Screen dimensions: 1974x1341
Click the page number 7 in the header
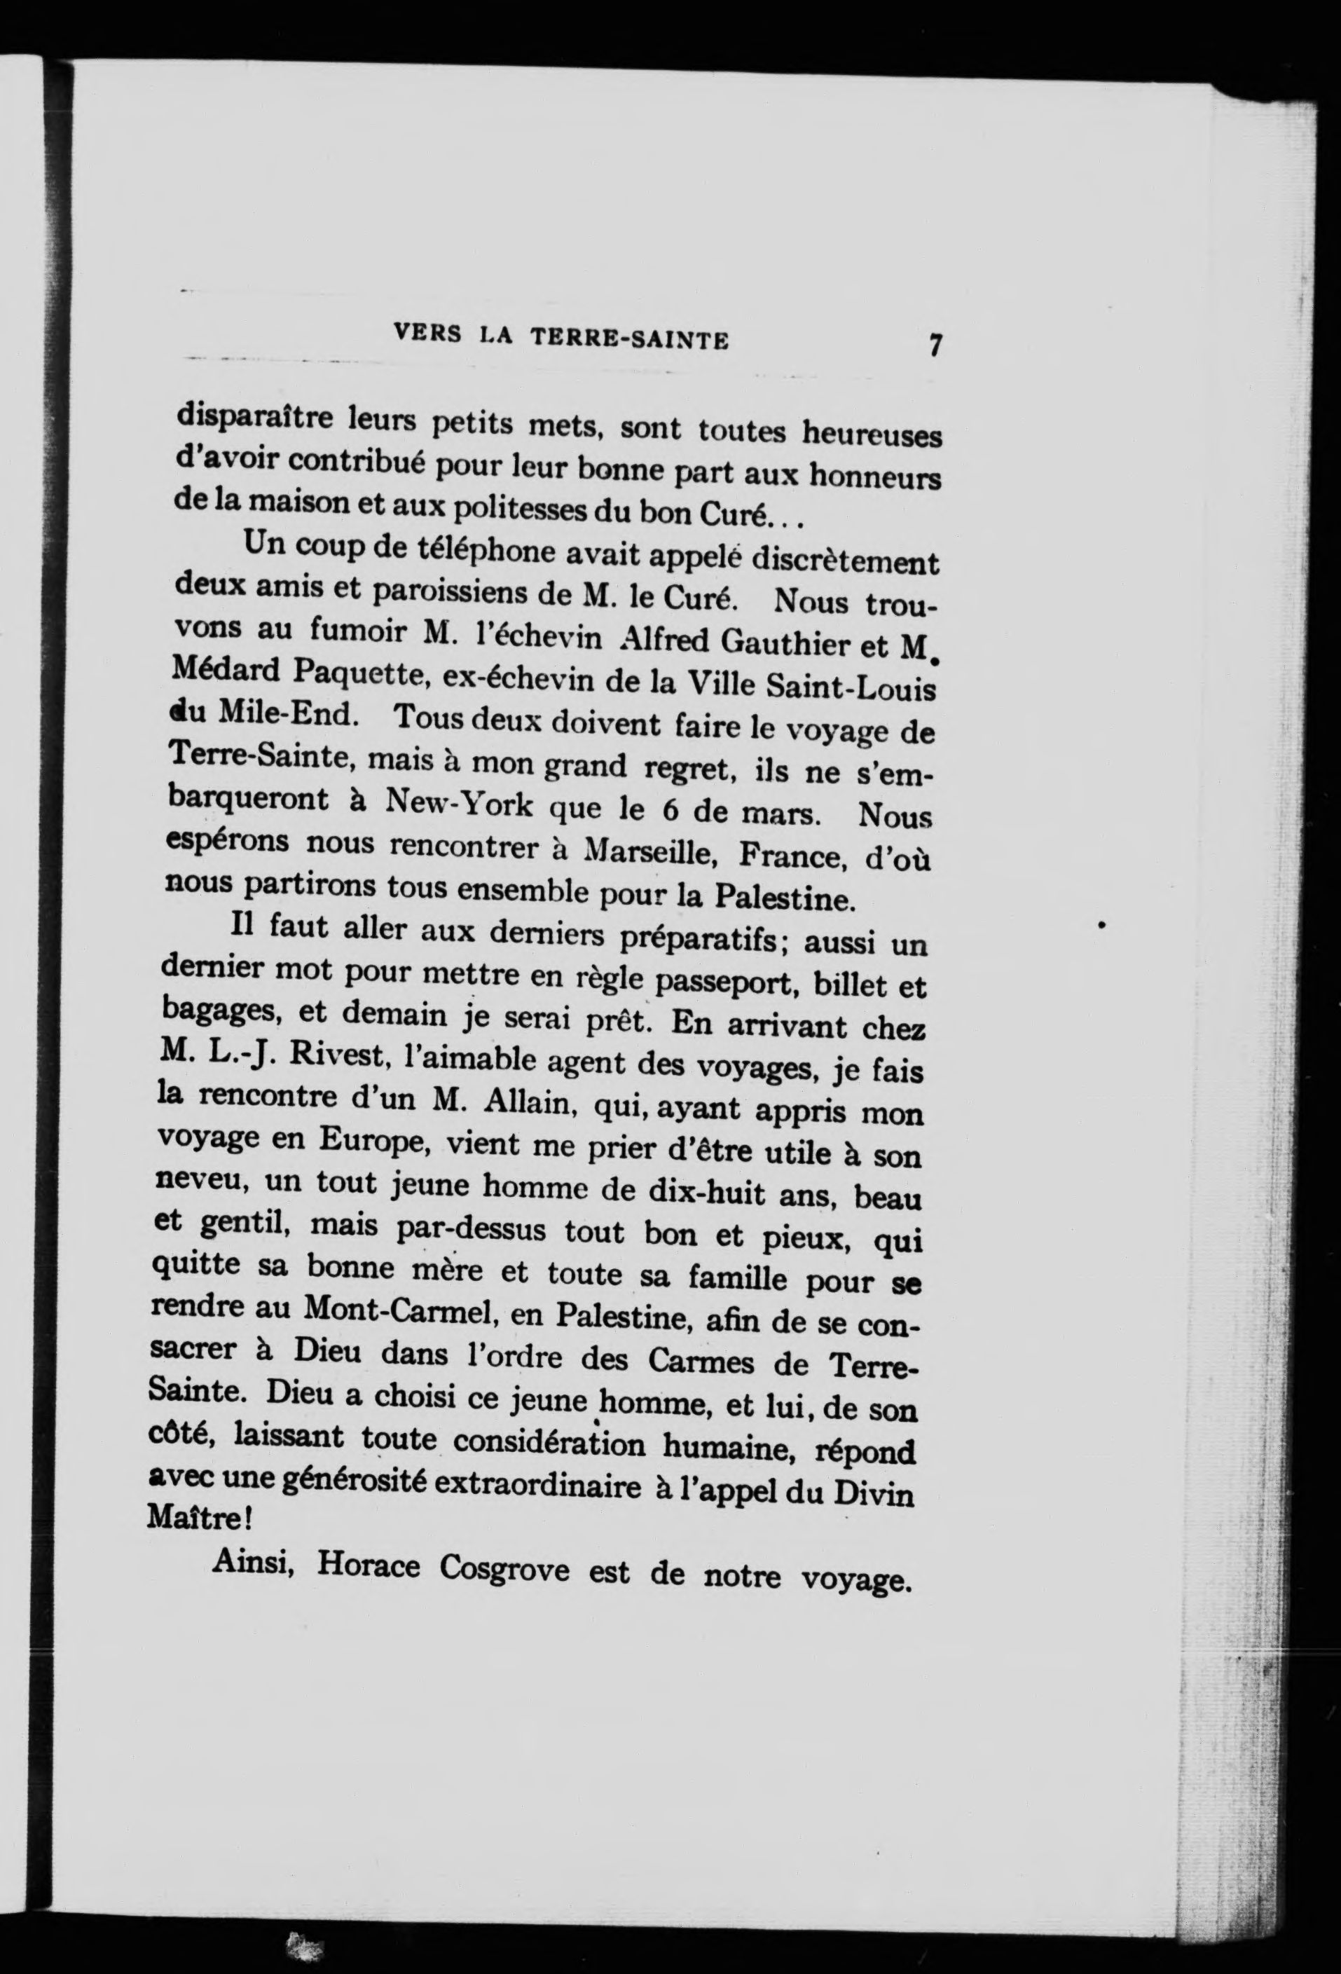point(935,347)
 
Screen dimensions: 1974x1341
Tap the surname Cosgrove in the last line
point(504,1569)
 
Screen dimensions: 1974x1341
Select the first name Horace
point(369,1565)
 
